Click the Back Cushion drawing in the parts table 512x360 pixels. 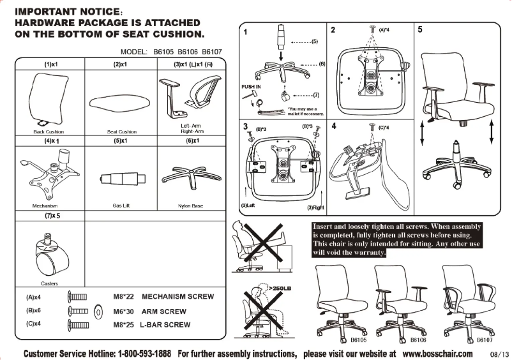tap(47, 99)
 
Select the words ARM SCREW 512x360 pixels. tap(164, 311)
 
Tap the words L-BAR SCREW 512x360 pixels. tap(165, 325)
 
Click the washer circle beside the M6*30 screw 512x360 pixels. tap(98, 312)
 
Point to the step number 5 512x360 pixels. tap(419, 29)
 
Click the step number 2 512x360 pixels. tap(333, 29)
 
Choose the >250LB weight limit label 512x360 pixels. tap(282, 289)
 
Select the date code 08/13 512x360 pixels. tap(499, 354)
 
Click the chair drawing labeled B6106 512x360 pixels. tap(400, 300)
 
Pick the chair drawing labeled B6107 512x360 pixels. tap(468, 300)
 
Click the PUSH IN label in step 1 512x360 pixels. tap(251, 86)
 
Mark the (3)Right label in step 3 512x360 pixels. tap(315, 207)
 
